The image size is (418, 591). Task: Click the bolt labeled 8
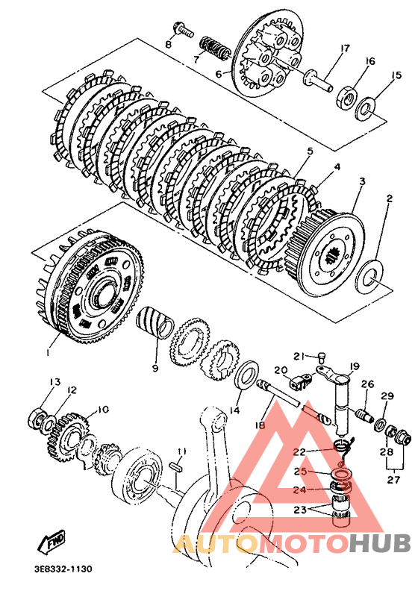tap(183, 30)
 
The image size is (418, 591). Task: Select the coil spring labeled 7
tap(213, 48)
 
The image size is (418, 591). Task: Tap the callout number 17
tap(344, 49)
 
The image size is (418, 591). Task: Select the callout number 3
tap(362, 181)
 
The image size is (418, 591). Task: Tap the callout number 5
tap(310, 151)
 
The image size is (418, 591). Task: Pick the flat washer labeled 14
tap(246, 374)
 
